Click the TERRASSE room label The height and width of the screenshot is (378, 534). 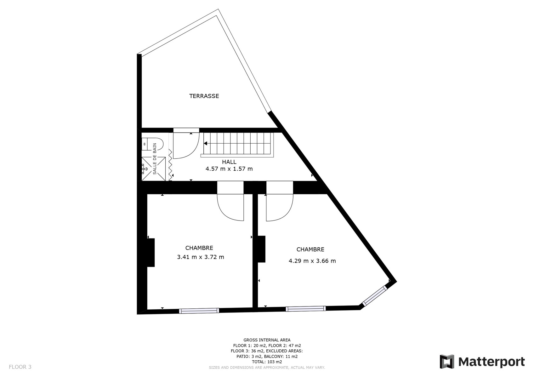click(204, 96)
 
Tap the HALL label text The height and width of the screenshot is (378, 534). click(229, 162)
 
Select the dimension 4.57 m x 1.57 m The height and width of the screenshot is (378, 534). click(229, 169)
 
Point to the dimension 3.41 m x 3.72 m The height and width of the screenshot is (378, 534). click(201, 257)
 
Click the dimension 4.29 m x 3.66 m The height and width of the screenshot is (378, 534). click(312, 261)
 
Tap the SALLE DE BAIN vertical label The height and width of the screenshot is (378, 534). click(155, 158)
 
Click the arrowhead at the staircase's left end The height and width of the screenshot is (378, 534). click(205, 143)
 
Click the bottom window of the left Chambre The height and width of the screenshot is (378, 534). click(199, 311)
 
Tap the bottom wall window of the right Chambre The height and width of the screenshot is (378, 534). click(306, 309)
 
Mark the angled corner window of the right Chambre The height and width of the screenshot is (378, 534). click(374, 296)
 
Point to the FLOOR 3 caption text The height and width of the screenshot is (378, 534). click(20, 367)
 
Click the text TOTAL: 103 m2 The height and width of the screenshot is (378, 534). click(267, 362)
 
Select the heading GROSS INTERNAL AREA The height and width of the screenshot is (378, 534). click(267, 340)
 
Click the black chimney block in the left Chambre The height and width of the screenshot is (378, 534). click(151, 253)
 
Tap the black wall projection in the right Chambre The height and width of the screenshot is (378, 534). click(262, 249)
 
